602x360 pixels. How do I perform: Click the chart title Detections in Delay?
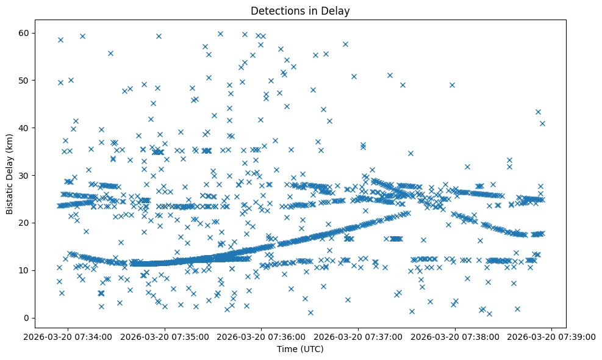(x=299, y=11)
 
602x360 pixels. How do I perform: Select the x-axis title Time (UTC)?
(x=299, y=349)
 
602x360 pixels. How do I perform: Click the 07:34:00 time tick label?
(x=68, y=336)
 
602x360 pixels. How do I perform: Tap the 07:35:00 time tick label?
(x=165, y=336)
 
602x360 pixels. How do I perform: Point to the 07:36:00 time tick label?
(x=262, y=336)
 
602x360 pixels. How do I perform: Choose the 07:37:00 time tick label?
(x=359, y=336)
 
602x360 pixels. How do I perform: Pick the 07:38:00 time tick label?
(x=456, y=336)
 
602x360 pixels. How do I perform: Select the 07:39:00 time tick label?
(x=553, y=336)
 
